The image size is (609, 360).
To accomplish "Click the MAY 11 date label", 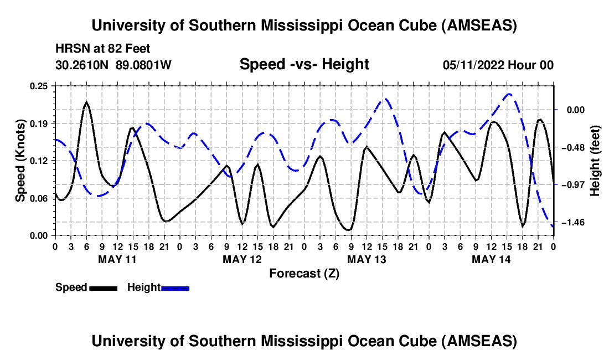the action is click(x=117, y=259).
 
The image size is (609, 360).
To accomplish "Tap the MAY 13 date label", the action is click(x=367, y=259).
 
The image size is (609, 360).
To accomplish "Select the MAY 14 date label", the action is click(x=491, y=259).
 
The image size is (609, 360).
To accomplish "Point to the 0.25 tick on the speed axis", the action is click(x=39, y=86).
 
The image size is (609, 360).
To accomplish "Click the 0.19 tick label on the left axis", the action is click(x=39, y=124).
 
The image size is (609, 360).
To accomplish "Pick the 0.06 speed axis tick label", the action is click(x=39, y=198).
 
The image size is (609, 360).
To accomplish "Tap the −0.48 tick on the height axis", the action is click(x=572, y=147).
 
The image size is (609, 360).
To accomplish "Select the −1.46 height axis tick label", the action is click(x=572, y=223).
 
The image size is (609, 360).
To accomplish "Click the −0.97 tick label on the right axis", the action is click(x=572, y=185).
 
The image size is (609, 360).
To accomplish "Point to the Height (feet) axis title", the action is click(x=595, y=161).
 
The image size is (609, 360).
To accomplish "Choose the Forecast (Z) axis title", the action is click(x=304, y=274).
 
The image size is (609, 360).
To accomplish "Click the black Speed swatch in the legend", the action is click(x=104, y=289).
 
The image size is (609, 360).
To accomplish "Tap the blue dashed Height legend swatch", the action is click(x=175, y=289).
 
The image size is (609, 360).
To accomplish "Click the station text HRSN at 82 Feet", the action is click(x=102, y=49).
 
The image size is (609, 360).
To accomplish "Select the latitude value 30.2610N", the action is click(x=82, y=65).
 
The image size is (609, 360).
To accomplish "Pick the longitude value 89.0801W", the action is click(x=143, y=65).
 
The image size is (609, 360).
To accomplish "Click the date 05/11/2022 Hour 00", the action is click(x=498, y=65).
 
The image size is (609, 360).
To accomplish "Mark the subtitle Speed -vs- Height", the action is click(x=304, y=64).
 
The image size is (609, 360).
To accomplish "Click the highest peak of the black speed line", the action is click(x=86, y=102).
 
